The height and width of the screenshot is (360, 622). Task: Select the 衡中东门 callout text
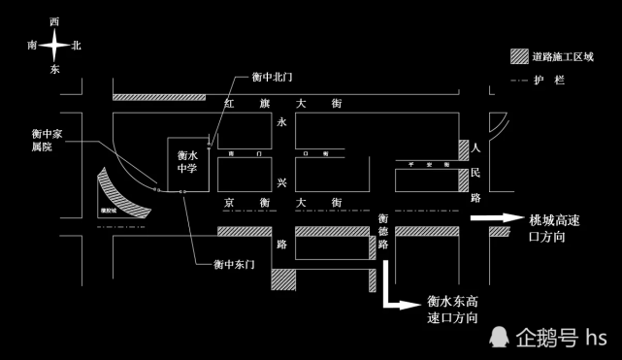tap(234, 264)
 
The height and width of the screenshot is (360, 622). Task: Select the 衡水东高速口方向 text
tap(453, 310)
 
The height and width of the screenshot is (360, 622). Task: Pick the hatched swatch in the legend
tap(519, 57)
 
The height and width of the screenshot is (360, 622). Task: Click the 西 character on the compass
tap(54, 21)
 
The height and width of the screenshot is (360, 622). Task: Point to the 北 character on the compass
tap(77, 46)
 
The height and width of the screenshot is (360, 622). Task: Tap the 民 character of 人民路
tap(475, 172)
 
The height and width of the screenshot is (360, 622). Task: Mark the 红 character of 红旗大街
tap(230, 104)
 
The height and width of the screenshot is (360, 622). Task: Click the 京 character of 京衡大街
tap(230, 202)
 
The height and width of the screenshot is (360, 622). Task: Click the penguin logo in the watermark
tap(498, 337)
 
